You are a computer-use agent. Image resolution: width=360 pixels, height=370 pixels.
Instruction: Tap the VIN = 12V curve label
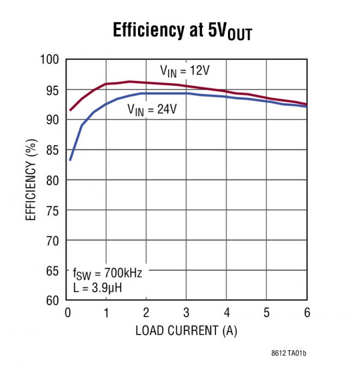(184, 70)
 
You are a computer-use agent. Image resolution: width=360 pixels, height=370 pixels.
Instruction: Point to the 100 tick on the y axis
(51, 60)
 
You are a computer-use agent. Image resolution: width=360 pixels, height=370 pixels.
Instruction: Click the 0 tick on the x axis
(66, 312)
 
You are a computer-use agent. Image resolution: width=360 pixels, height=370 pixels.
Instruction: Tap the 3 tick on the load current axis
(186, 312)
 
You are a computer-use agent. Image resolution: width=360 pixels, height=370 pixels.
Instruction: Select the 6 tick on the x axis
(306, 312)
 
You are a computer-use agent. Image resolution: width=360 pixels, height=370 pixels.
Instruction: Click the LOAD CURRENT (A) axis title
(186, 330)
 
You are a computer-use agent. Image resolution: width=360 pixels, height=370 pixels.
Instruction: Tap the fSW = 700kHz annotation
(107, 273)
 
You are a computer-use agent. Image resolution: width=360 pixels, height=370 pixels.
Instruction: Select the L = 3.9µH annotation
(98, 287)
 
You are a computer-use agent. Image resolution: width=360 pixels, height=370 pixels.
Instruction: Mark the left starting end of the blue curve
(70, 160)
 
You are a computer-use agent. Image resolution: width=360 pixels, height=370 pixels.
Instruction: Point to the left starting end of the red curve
(70, 110)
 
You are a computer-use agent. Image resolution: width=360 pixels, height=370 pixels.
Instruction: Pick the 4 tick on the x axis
(226, 312)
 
